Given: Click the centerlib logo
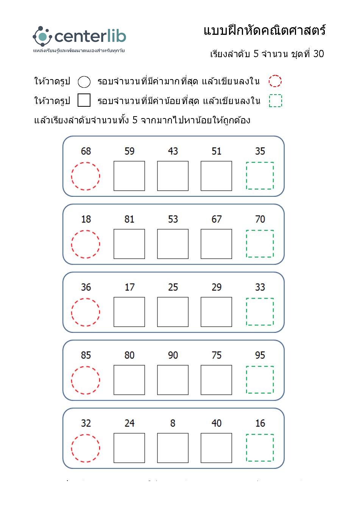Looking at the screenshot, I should tap(79, 37).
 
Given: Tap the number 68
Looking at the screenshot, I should tap(86, 151).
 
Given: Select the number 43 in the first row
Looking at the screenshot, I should tap(173, 151).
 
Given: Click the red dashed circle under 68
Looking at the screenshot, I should tap(86, 176).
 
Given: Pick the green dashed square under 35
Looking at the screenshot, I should tap(260, 176).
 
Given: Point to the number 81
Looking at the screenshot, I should tap(129, 219).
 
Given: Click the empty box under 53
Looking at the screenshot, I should tap(173, 244).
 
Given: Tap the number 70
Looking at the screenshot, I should tap(260, 219).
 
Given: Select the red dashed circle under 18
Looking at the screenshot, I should tap(86, 244).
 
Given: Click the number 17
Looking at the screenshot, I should tap(129, 287).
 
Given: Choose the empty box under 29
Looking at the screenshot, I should tap(216, 312).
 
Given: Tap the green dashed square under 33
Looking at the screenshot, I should tap(260, 311).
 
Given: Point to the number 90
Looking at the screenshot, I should tap(173, 355).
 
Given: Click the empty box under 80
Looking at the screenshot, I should tap(129, 380).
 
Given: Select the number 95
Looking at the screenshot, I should tap(260, 355).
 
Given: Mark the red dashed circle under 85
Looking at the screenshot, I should tap(86, 380).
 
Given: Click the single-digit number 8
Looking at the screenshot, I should tap(173, 423).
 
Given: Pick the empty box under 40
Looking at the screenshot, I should tap(216, 448).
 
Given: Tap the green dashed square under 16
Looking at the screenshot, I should tap(260, 448).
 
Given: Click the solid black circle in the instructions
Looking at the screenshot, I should tap(84, 82).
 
